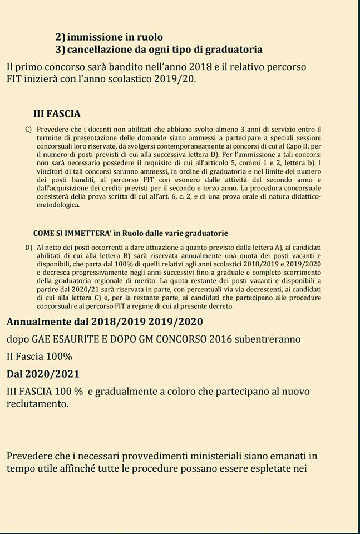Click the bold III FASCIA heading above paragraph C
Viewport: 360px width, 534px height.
click(x=57, y=113)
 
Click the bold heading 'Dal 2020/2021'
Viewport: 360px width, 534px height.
click(x=43, y=374)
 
